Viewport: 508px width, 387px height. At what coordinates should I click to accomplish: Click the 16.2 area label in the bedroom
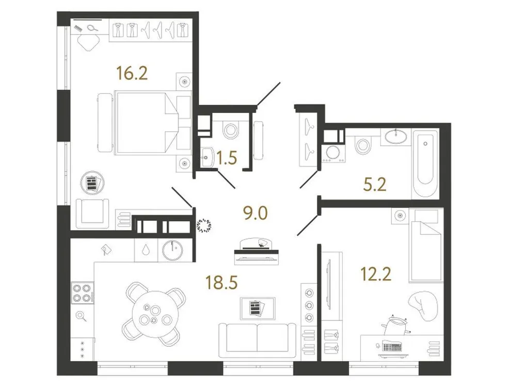132,73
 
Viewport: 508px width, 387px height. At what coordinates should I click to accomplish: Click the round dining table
152,313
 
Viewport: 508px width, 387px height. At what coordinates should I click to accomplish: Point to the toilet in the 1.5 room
229,130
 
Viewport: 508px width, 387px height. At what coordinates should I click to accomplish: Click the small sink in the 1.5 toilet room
211,155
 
